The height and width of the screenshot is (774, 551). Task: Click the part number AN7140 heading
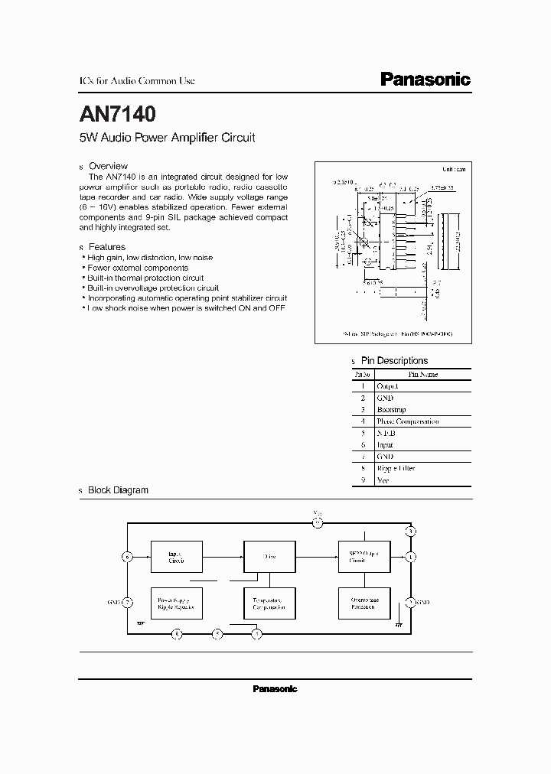pos(118,115)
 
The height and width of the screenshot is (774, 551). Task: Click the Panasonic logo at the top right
pos(425,80)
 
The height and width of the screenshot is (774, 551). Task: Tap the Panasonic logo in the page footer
pos(275,689)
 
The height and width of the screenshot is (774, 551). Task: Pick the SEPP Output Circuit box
pos(364,556)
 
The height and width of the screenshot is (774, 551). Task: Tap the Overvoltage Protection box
pos(364,604)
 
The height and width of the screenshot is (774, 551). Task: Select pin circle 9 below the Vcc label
pos(318,524)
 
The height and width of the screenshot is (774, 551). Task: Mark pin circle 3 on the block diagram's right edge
pos(411,531)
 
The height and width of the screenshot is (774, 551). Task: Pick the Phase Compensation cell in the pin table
pos(408,421)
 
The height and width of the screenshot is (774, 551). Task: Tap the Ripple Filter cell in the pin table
pos(396,468)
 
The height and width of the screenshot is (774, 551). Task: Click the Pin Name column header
pos(422,375)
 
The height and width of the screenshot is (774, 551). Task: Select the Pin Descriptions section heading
pos(394,360)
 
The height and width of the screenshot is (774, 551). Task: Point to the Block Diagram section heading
pos(118,490)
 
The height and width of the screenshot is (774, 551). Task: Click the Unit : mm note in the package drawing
pos(454,169)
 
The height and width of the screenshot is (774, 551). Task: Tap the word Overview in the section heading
pos(108,166)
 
